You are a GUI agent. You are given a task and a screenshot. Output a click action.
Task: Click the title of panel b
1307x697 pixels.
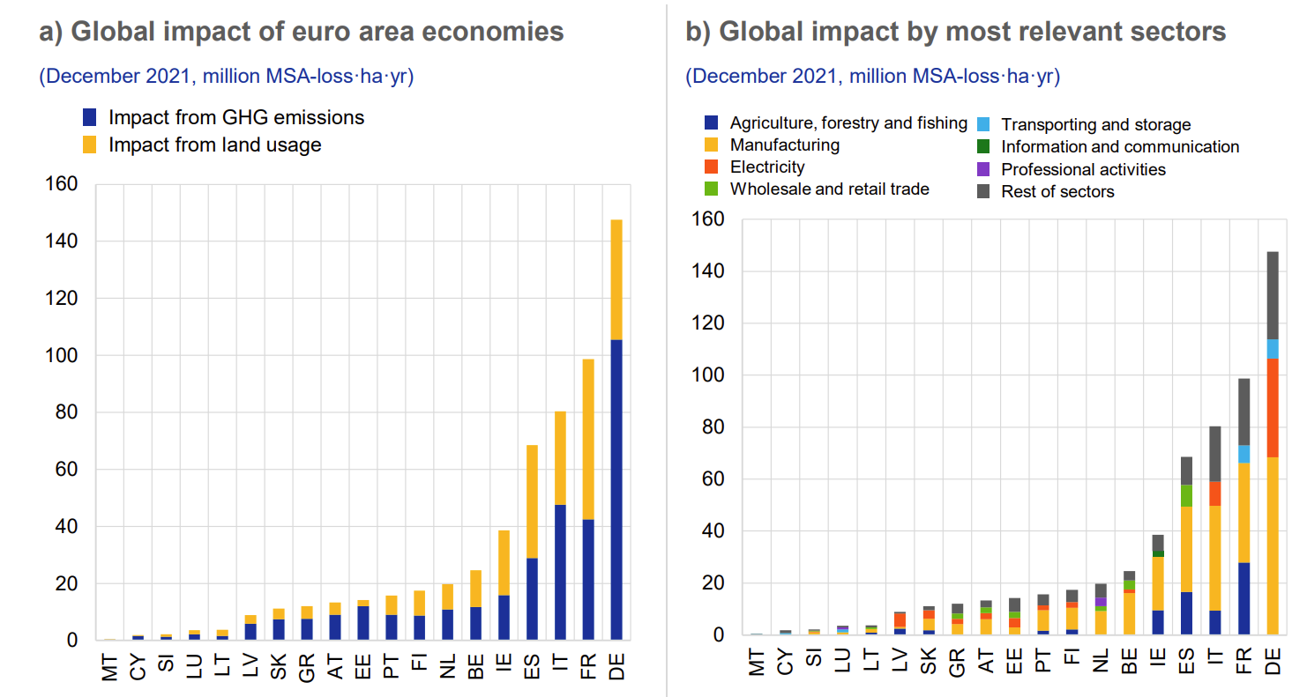point(956,33)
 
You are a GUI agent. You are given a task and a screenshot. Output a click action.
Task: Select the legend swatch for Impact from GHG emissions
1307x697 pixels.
point(89,117)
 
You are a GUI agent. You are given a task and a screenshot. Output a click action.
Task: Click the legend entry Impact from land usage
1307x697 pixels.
point(214,145)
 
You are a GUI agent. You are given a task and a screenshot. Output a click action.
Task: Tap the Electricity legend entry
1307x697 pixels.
point(767,167)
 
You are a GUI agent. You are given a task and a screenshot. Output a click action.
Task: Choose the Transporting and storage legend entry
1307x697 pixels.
point(1095,125)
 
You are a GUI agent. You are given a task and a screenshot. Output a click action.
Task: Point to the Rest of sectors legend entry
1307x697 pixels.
point(1057,191)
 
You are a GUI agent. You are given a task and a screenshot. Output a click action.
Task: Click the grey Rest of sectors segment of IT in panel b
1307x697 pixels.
point(1216,454)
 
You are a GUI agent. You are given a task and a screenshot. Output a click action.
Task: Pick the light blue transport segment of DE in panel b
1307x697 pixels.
point(1273,349)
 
